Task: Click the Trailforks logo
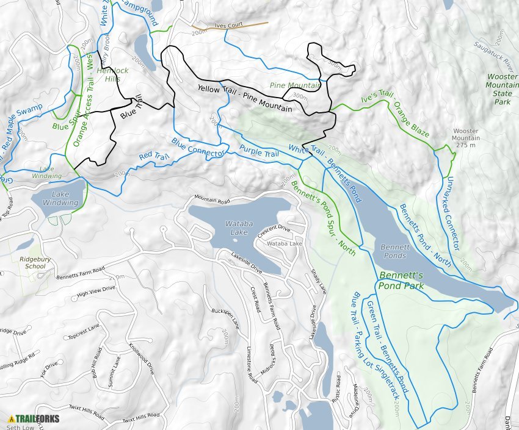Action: [x=34, y=419]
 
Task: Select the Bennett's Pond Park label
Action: [x=401, y=280]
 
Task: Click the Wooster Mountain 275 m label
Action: [x=466, y=135]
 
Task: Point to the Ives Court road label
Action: [x=228, y=26]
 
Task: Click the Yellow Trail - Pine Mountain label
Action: [x=244, y=98]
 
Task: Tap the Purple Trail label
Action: [x=259, y=151]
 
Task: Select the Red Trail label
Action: [x=153, y=157]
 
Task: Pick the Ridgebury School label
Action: [x=32, y=262]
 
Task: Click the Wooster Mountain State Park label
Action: [x=502, y=90]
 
